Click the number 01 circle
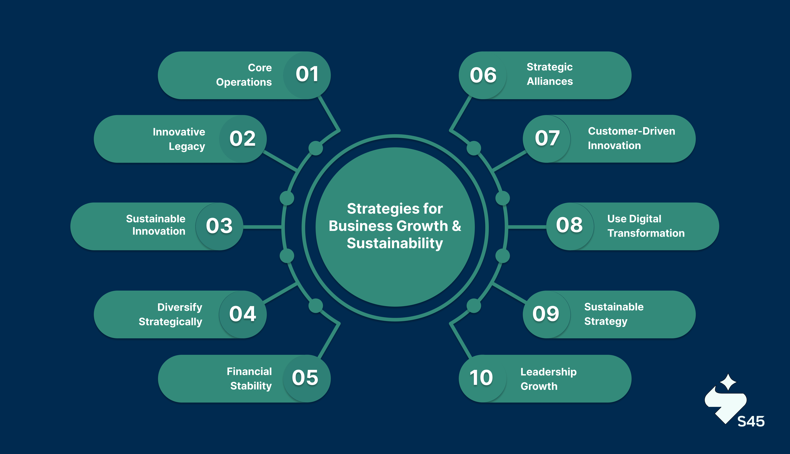307,75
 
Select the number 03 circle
219,226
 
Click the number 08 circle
569,225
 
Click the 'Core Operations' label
244,75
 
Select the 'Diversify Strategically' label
171,314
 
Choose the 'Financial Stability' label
249,378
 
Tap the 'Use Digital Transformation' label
646,226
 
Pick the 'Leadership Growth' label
548,379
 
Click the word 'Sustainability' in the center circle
395,243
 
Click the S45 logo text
751,421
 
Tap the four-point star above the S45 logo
728,382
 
